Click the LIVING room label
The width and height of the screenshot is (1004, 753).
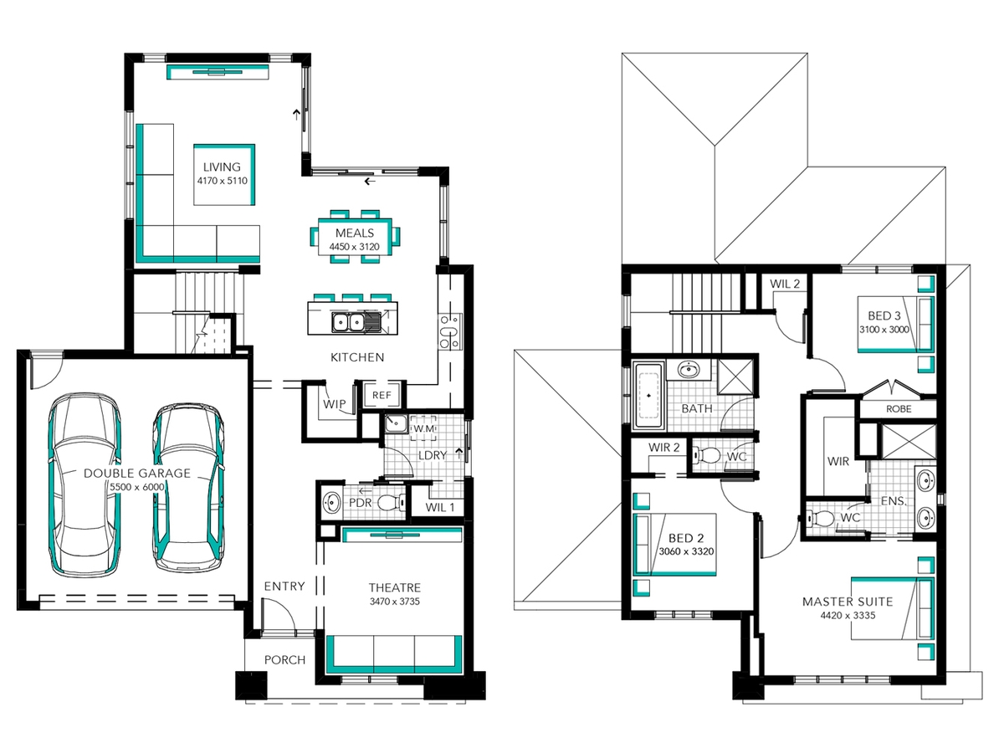(x=222, y=167)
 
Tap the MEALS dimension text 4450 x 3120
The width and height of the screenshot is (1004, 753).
(x=355, y=247)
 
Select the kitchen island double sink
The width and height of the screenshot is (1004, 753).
(x=348, y=323)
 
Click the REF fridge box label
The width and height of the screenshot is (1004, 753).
(x=382, y=395)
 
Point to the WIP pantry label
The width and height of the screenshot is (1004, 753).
(x=335, y=404)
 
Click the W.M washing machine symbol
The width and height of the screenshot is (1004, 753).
(x=423, y=429)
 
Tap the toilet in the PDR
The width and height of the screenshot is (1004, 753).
(x=391, y=503)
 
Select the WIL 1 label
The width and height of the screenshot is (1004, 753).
(x=440, y=507)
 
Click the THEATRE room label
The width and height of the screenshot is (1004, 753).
(x=395, y=587)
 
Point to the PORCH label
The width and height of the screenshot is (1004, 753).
(x=285, y=660)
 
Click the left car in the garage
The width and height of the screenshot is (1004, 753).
(x=85, y=484)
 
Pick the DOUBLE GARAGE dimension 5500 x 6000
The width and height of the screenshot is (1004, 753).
(x=136, y=487)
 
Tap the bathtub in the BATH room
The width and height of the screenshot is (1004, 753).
(x=648, y=396)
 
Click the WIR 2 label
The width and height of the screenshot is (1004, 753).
(x=663, y=448)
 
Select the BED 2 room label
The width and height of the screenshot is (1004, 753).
(x=686, y=538)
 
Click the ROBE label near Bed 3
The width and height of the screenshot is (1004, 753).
(x=899, y=409)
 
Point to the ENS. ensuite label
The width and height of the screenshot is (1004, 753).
(x=894, y=501)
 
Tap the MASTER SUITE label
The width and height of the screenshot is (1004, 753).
(x=848, y=602)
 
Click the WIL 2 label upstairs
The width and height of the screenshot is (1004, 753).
(x=785, y=284)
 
